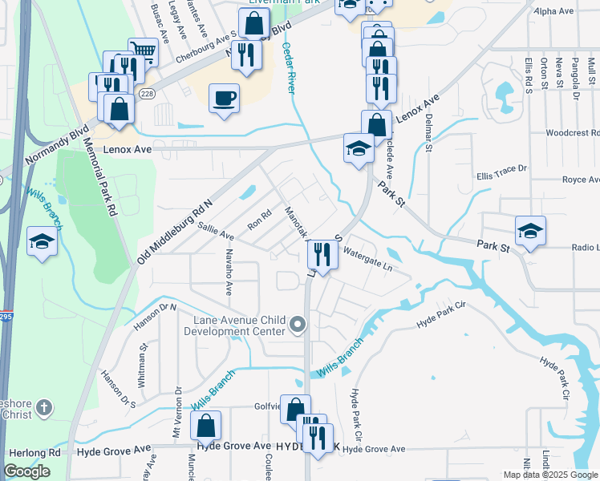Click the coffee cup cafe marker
click(224, 98)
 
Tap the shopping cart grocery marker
click(143, 52)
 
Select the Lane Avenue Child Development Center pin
click(298, 325)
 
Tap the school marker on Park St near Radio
click(530, 231)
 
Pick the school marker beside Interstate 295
click(42, 241)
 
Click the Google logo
click(26, 471)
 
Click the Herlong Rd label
click(32, 452)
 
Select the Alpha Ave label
click(553, 11)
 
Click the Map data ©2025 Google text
click(550, 475)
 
